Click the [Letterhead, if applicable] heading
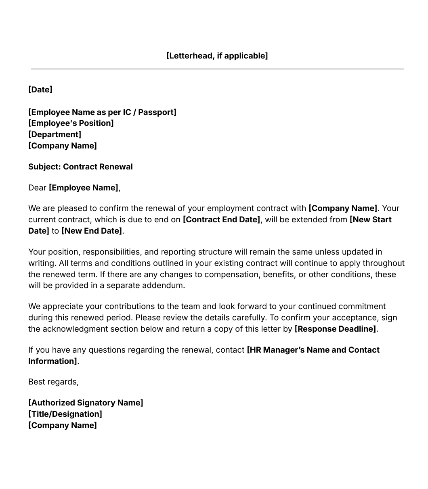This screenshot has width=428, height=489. (x=217, y=56)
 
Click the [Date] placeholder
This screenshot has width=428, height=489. (x=40, y=90)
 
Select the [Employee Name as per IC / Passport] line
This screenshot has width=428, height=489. (x=102, y=112)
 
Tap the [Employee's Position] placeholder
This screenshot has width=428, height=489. (x=71, y=123)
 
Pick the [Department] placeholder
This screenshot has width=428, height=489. (x=55, y=134)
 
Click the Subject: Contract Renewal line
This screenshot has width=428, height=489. (x=80, y=167)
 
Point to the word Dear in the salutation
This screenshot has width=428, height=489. (x=37, y=188)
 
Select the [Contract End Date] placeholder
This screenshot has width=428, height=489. (x=221, y=219)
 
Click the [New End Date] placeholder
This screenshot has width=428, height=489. (x=92, y=231)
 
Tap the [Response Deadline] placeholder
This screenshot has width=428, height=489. (x=335, y=329)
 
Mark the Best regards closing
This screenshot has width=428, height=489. (x=53, y=382)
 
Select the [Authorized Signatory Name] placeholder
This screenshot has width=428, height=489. (x=86, y=403)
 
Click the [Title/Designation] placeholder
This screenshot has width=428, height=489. (x=65, y=414)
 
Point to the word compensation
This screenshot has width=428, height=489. (x=242, y=274)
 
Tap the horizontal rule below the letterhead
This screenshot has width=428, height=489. (x=217, y=69)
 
